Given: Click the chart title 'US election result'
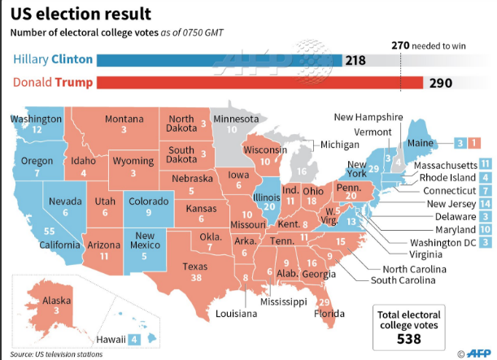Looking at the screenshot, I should pos(80,14).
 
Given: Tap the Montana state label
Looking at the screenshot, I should pos(125,119).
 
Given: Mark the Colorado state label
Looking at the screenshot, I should pos(149,202).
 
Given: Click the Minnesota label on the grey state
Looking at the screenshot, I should pos(234,119).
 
